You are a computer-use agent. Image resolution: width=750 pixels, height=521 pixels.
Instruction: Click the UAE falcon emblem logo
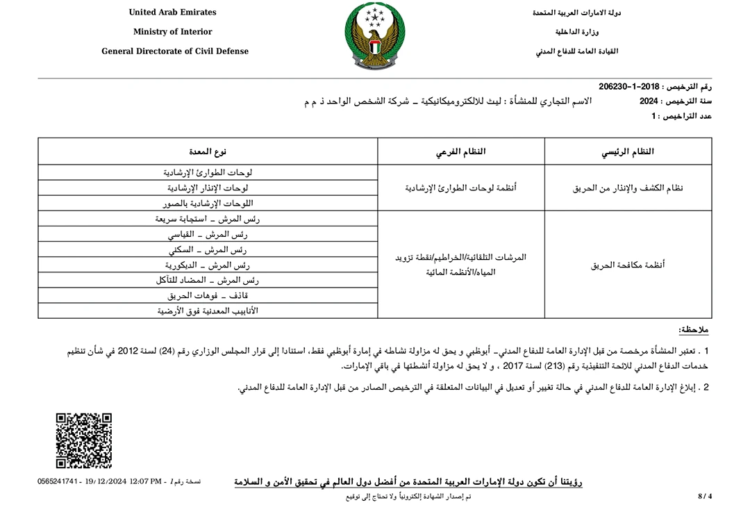click(375, 36)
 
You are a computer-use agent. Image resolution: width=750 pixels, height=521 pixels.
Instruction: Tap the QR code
click(83, 440)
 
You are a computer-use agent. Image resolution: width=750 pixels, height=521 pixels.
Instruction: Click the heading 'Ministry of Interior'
click(173, 32)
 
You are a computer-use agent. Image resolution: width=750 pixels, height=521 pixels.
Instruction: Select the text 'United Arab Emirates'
click(173, 13)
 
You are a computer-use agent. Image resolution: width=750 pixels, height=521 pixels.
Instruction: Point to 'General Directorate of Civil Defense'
click(175, 51)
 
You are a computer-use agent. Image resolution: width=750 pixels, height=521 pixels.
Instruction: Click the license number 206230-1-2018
click(628, 86)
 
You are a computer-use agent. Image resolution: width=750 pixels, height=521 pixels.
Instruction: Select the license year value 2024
click(649, 101)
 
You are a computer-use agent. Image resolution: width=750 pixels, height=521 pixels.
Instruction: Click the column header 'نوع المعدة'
click(208, 151)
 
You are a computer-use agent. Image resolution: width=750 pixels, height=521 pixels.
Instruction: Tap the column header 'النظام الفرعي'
click(461, 151)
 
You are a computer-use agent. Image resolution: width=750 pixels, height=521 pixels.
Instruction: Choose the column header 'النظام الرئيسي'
click(628, 151)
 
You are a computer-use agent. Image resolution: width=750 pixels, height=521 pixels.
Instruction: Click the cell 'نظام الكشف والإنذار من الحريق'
click(628, 188)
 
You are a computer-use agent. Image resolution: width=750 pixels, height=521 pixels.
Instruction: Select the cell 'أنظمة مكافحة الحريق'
click(628, 265)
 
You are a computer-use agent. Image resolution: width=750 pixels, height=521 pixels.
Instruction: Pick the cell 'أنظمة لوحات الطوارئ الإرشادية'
click(461, 188)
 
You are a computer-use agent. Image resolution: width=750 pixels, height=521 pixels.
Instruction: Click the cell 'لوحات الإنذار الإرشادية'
click(208, 188)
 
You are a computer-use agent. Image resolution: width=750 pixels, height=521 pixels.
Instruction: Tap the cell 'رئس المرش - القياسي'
click(208, 234)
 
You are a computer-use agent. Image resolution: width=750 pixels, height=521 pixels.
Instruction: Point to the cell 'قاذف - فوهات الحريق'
click(208, 295)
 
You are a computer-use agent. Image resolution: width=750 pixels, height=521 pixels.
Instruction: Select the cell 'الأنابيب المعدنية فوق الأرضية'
click(208, 311)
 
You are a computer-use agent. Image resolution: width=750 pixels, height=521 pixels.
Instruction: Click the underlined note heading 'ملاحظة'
click(694, 329)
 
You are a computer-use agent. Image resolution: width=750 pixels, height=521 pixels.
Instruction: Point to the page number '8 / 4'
click(705, 496)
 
